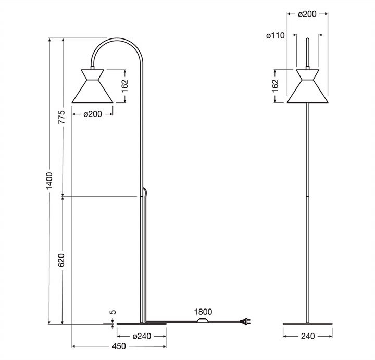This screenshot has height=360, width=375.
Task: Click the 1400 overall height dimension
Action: [x=49, y=181]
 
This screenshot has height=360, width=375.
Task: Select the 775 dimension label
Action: [x=62, y=117]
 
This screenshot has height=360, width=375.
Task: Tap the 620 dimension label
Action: [x=61, y=261]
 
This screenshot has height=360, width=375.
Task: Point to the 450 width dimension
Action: [x=119, y=346]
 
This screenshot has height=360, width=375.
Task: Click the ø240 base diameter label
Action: [x=142, y=336]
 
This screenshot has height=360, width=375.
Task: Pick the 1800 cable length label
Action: [x=203, y=312]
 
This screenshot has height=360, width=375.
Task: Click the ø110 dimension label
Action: [x=276, y=35]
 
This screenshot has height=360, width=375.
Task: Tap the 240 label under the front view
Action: [x=308, y=336]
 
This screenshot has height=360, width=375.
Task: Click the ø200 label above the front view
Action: [x=307, y=14]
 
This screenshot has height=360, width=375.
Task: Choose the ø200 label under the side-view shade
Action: [x=93, y=114]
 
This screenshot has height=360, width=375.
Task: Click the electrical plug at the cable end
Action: [x=246, y=322]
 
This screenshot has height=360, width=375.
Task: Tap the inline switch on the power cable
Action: [x=203, y=320]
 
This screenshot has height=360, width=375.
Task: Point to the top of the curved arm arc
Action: [x=117, y=38]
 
